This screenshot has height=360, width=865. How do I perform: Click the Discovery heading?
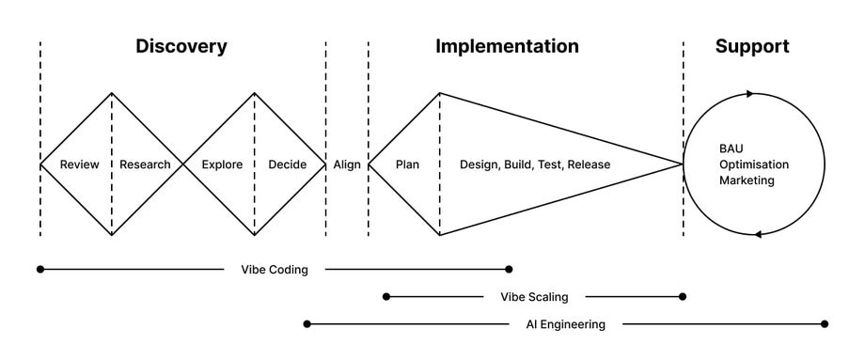pyautogui.click(x=181, y=46)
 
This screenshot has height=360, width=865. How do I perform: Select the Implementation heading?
pyautogui.click(x=507, y=46)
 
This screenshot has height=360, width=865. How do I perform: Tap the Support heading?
pyautogui.click(x=751, y=46)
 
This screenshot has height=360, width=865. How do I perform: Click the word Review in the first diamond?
pyautogui.click(x=80, y=165)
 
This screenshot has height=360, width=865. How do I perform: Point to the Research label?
pyautogui.click(x=146, y=165)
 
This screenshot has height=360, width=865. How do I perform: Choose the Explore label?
pyautogui.click(x=222, y=165)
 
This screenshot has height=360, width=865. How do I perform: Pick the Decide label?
pyautogui.click(x=288, y=165)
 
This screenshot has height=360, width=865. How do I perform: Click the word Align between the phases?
pyautogui.click(x=347, y=165)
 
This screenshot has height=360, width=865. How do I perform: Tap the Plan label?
pyautogui.click(x=407, y=165)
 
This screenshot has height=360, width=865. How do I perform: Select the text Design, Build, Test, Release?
pyautogui.click(x=535, y=165)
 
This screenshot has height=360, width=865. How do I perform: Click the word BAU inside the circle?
pyautogui.click(x=731, y=149)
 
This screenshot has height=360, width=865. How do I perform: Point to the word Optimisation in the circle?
pyautogui.click(x=754, y=164)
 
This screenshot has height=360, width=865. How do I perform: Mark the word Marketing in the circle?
pyautogui.click(x=747, y=180)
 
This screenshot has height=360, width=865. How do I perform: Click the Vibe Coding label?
pyautogui.click(x=275, y=270)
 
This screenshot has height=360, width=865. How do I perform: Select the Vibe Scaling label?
pyautogui.click(x=534, y=297)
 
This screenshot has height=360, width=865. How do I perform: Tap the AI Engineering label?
pyautogui.click(x=565, y=324)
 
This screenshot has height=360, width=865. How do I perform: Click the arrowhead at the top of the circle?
pyautogui.click(x=750, y=93)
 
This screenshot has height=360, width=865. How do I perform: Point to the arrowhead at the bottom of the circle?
pyautogui.click(x=759, y=234)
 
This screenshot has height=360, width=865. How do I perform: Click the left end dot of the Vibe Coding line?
pyautogui.click(x=40, y=269)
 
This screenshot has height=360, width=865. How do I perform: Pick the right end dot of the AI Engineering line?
pyautogui.click(x=825, y=324)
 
